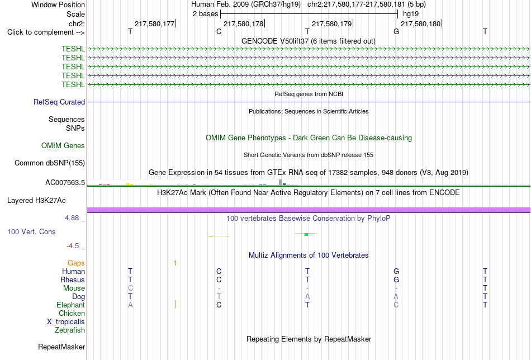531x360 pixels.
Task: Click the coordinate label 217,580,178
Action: point(243,23)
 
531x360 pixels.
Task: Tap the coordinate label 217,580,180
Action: point(420,23)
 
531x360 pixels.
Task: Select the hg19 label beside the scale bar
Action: point(411,14)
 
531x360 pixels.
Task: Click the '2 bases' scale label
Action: point(206,14)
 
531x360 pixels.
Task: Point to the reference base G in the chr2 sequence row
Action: point(396,31)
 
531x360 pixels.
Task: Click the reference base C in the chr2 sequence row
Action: point(219,31)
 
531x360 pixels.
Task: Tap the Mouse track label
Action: point(74,288)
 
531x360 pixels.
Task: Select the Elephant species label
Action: point(71,305)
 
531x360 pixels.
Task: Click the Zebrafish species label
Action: point(70,330)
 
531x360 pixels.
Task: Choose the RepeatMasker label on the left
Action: point(61,347)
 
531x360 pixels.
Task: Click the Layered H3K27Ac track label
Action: point(36,201)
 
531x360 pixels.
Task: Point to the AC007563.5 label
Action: point(65,183)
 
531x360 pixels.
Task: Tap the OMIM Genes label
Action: point(63,146)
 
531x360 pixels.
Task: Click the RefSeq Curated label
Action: point(59,102)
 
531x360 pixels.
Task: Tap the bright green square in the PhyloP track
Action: point(306,234)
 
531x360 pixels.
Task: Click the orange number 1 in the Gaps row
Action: point(175,263)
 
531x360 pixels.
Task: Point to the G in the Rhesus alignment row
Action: point(396,280)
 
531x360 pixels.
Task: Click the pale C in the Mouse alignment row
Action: point(130,288)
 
